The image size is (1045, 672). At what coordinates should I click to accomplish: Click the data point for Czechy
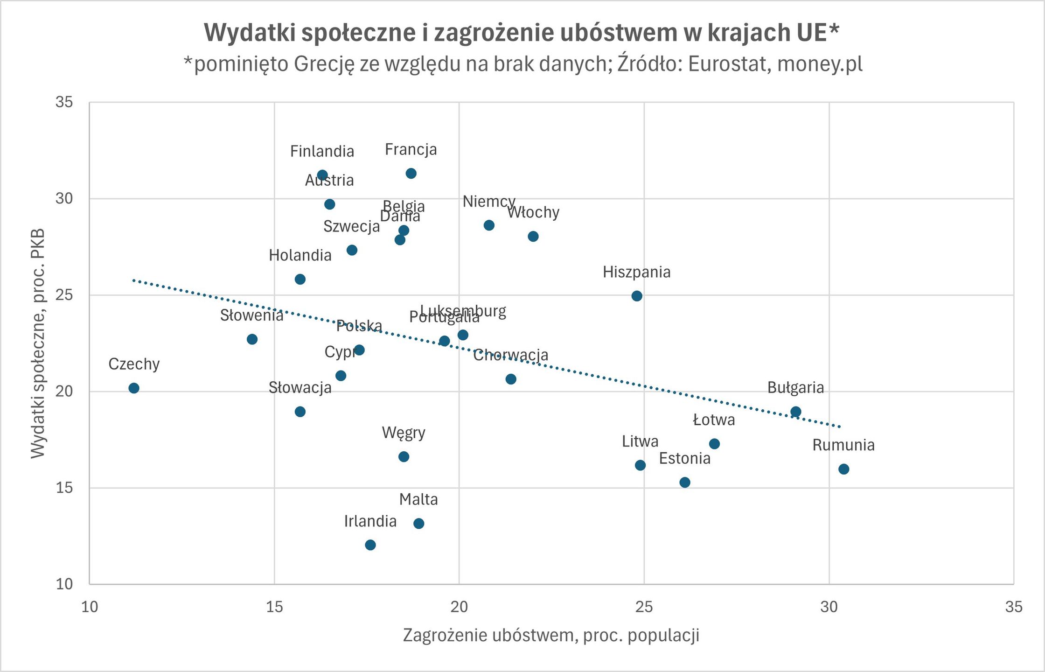point(134,388)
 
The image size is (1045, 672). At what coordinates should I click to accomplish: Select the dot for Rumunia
point(843,469)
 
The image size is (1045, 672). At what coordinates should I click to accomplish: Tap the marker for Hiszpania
point(637,296)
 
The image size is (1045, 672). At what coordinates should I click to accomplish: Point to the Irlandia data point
point(370,545)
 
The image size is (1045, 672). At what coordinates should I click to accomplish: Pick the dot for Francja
point(411,174)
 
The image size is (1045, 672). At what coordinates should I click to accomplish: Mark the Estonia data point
point(685,482)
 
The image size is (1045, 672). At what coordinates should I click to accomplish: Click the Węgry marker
point(404,456)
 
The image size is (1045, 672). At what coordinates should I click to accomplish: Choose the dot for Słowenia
point(252,339)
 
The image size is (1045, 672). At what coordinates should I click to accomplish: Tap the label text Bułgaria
point(795,388)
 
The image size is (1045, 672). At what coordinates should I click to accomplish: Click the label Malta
point(418,500)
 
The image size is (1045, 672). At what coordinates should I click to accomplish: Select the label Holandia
point(300,256)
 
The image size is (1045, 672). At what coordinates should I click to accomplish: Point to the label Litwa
point(640,441)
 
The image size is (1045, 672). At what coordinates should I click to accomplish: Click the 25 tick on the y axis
point(64,295)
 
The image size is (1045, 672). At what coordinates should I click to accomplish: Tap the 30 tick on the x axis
point(829,607)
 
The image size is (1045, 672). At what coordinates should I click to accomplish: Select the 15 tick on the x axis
point(274,607)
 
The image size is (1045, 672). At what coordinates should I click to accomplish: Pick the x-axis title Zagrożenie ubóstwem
point(551,636)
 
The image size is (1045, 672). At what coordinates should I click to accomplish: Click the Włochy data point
point(533,237)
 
